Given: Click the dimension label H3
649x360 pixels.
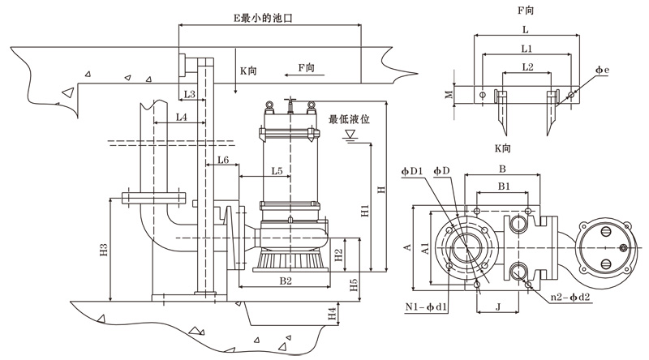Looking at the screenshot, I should pyautogui.click(x=104, y=251).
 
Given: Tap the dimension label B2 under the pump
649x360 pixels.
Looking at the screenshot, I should pyautogui.click(x=286, y=281).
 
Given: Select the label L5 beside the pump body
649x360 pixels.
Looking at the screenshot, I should pyautogui.click(x=277, y=171).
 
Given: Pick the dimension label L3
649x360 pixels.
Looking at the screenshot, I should pyautogui.click(x=189, y=95).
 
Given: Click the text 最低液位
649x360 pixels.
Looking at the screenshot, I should pyautogui.click(x=349, y=119).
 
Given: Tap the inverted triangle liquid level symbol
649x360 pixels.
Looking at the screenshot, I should pyautogui.click(x=351, y=135).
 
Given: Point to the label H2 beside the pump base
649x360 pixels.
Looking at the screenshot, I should pyautogui.click(x=338, y=254).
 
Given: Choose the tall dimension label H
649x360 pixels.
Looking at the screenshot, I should pyautogui.click(x=380, y=189).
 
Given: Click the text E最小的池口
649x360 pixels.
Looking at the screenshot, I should pyautogui.click(x=262, y=17).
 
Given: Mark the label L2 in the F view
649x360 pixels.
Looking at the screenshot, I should pyautogui.click(x=527, y=66).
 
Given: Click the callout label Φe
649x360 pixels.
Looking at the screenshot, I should pyautogui.click(x=602, y=71).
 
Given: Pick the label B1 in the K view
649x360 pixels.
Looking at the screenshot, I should pyautogui.click(x=503, y=186).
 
